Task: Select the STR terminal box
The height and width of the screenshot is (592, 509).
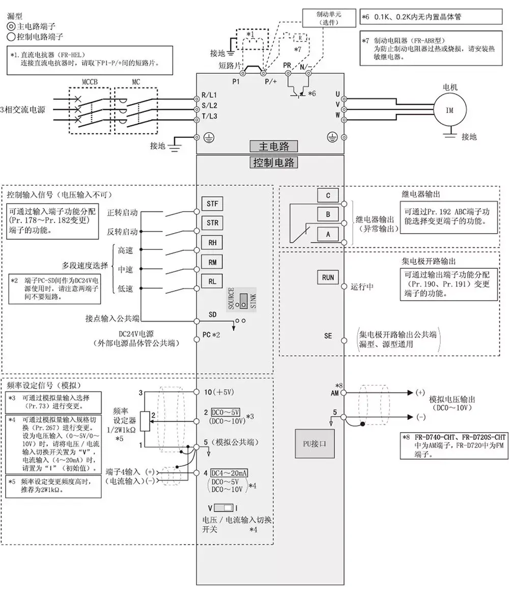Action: click(x=212, y=223)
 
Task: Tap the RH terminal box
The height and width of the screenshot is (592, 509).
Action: click(x=212, y=242)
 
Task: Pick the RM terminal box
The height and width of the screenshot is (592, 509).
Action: click(x=212, y=262)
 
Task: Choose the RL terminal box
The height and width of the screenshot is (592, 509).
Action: click(x=212, y=281)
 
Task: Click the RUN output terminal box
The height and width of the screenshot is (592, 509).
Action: click(x=328, y=277)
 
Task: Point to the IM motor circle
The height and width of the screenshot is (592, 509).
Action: click(x=449, y=110)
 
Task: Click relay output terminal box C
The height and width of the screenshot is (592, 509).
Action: click(x=328, y=195)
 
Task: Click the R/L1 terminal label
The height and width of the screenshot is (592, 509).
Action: click(x=209, y=95)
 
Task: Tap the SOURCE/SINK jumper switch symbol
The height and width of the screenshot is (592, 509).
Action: click(x=244, y=299)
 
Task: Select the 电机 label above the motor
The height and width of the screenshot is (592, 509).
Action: click(x=450, y=87)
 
